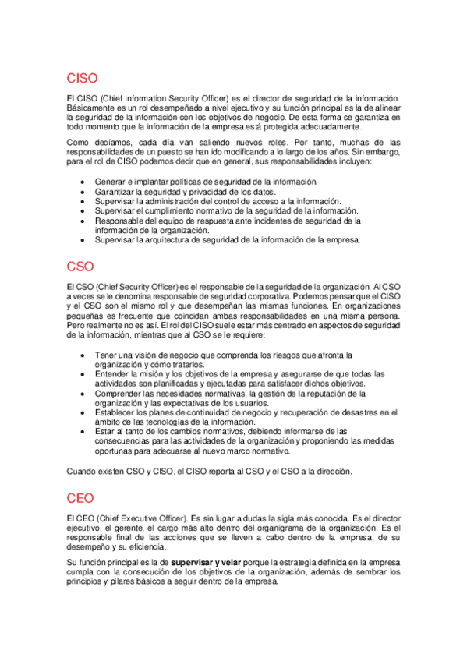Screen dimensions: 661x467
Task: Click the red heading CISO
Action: (83, 79)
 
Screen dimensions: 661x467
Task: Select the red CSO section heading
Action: (80, 267)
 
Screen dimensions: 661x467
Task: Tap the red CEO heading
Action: (80, 499)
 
